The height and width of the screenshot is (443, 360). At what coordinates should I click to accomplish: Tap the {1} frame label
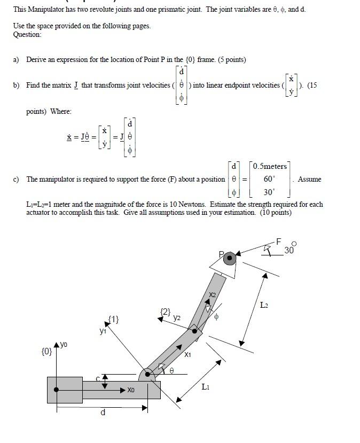[x=113, y=320]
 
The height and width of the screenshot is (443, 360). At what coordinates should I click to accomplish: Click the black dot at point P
[x=230, y=259]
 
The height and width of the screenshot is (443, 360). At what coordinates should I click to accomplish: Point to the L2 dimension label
[x=264, y=305]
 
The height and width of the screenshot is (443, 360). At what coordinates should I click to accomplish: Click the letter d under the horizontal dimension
[x=103, y=413]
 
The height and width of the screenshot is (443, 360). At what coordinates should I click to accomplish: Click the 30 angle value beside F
[x=289, y=250]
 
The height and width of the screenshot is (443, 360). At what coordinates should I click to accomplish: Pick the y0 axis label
[x=64, y=344]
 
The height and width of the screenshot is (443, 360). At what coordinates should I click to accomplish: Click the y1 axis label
[x=103, y=331]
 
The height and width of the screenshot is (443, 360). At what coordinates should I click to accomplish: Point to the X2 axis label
[x=213, y=294]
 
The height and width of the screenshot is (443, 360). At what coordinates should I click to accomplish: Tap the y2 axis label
[x=177, y=317]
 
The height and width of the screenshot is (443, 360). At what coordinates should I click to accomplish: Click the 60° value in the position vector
[x=269, y=179]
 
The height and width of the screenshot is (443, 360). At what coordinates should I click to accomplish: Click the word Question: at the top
[x=27, y=34]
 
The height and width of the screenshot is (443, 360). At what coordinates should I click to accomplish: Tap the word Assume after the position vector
[x=310, y=179]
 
